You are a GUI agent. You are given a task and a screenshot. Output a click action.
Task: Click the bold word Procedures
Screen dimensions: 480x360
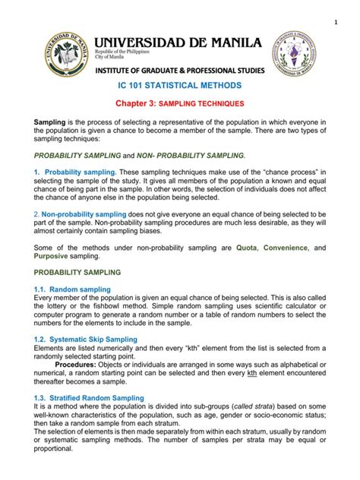tap(91, 373)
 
